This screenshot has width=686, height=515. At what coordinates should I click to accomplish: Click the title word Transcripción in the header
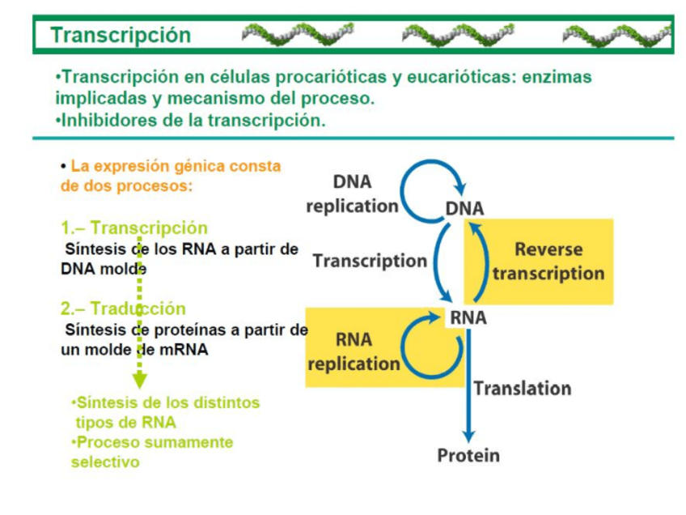(x=121, y=36)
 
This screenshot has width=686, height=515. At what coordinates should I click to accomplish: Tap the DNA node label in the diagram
(x=464, y=208)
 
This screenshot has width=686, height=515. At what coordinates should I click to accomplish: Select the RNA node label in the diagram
(x=468, y=318)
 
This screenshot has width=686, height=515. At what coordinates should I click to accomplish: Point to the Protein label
(x=468, y=456)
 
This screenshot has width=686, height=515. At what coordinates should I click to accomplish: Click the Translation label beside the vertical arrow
(x=522, y=389)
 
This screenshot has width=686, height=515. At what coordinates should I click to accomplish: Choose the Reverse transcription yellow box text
(x=548, y=261)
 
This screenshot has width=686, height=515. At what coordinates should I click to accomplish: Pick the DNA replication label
(x=352, y=194)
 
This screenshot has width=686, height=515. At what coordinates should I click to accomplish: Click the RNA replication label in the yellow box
(x=354, y=351)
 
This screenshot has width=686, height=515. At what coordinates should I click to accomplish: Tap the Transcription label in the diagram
(x=370, y=261)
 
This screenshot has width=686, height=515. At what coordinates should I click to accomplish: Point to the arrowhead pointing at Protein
(x=468, y=435)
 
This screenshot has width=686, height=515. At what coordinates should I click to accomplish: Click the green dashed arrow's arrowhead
(x=139, y=379)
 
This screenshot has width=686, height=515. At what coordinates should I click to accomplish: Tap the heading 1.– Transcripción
(x=133, y=228)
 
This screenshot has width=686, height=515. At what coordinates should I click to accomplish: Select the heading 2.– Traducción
(x=123, y=309)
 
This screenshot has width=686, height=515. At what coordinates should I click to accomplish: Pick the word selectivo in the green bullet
(x=105, y=462)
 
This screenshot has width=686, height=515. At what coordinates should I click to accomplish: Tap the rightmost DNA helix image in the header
(x=616, y=36)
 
